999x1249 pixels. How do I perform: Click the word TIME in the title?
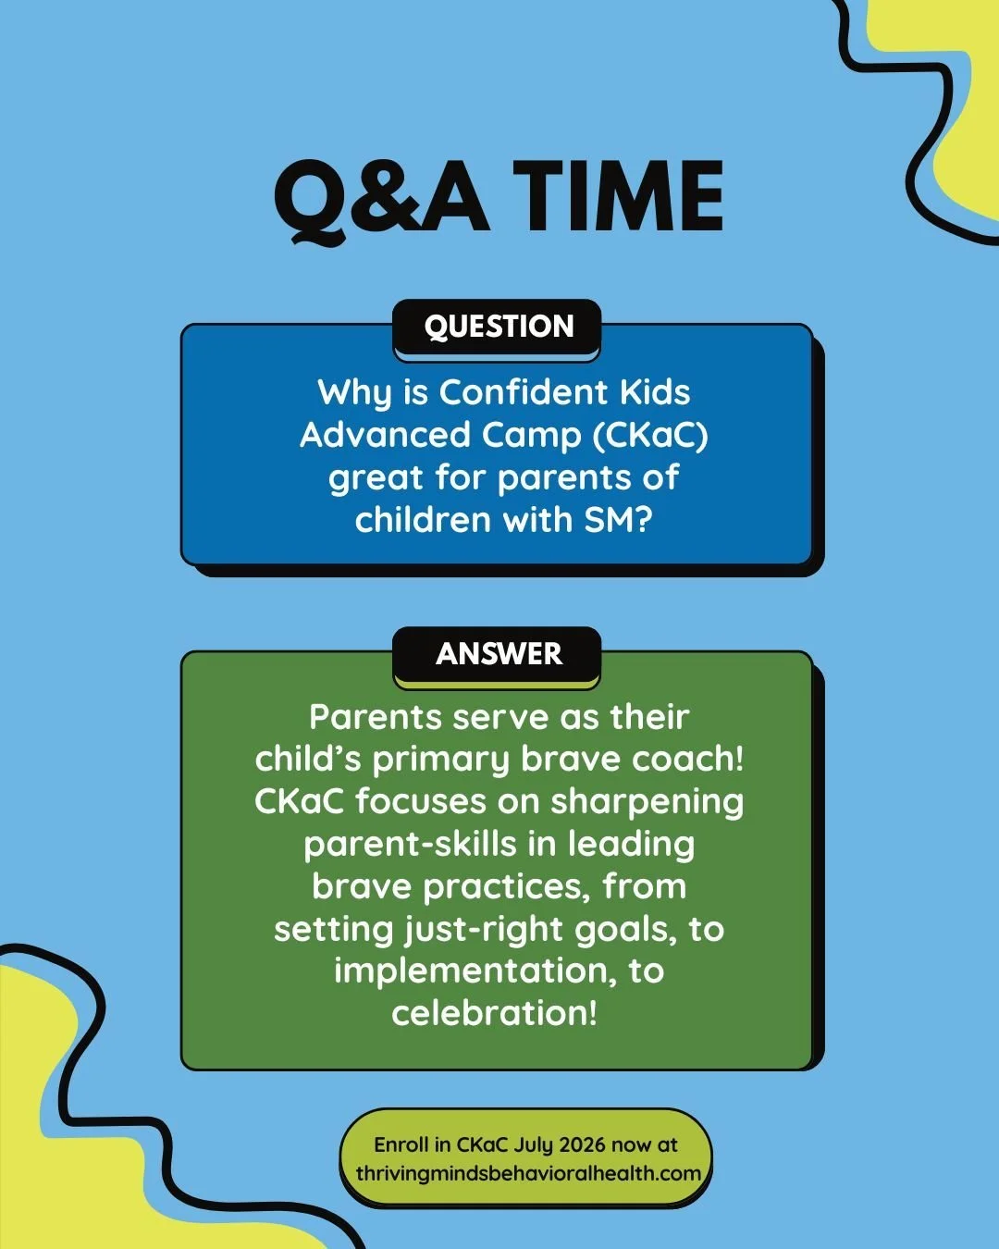(x=618, y=197)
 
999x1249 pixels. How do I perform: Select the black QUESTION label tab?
(x=498, y=327)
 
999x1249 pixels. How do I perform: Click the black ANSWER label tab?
(x=498, y=654)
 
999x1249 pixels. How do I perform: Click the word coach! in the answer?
(x=687, y=759)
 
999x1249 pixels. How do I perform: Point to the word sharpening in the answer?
(x=647, y=802)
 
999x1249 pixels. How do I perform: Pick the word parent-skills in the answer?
(x=410, y=844)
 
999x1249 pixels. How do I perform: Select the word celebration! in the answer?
(x=494, y=1012)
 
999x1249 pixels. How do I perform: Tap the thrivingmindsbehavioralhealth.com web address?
(x=528, y=1173)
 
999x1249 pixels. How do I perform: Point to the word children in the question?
(x=422, y=520)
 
